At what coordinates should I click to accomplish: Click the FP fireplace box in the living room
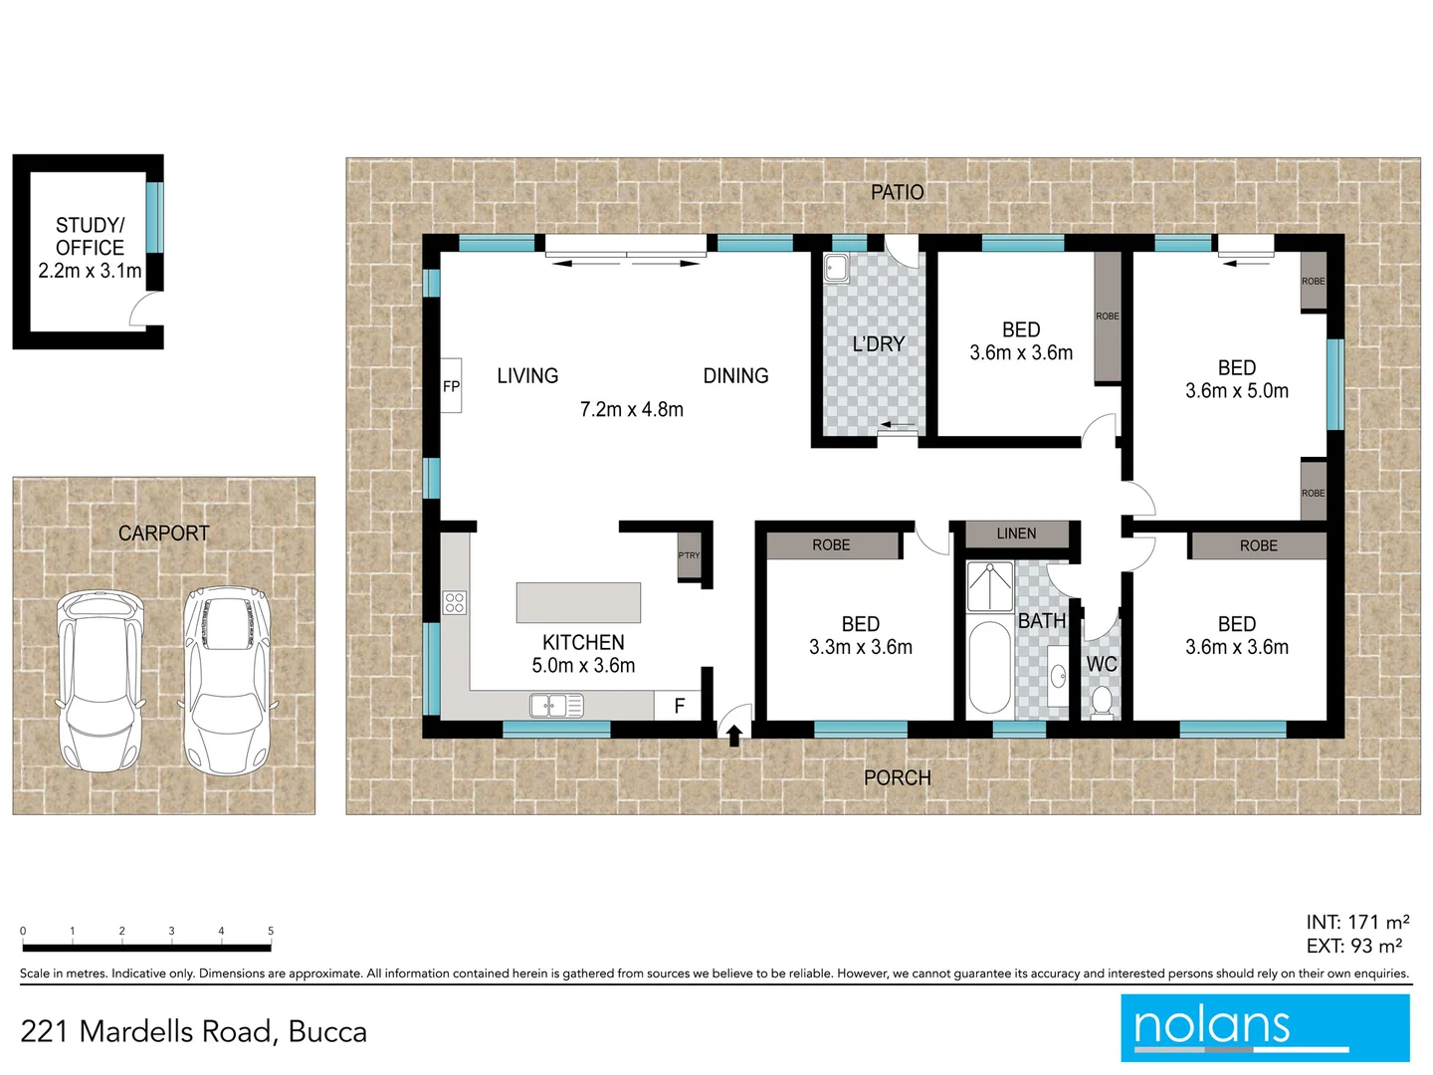pos(451,386)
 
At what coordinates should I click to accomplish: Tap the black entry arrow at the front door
pos(734,736)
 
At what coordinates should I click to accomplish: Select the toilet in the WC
pos(1102,701)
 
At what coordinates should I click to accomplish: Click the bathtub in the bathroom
pos(989,667)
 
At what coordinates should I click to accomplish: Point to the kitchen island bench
pos(578,603)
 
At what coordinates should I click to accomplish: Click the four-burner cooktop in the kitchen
pos(455,602)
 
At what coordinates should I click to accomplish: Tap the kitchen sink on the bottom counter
pos(556,706)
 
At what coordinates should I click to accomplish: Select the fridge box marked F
pos(679,706)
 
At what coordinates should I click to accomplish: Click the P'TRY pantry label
pos(689,555)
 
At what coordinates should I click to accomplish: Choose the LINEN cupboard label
pos(1016,534)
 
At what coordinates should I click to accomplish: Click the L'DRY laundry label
pos(878,344)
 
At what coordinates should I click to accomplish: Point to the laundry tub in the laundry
pos(836,268)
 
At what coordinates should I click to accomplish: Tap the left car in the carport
pos(99,681)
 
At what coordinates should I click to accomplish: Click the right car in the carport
pos(227,681)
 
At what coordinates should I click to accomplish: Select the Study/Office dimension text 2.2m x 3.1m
pos(90,271)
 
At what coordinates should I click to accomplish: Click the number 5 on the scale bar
pos(271,931)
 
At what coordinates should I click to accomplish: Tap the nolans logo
pos(1265,1027)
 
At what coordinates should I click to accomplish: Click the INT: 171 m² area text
pos(1357,923)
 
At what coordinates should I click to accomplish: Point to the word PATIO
pos(897,192)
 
